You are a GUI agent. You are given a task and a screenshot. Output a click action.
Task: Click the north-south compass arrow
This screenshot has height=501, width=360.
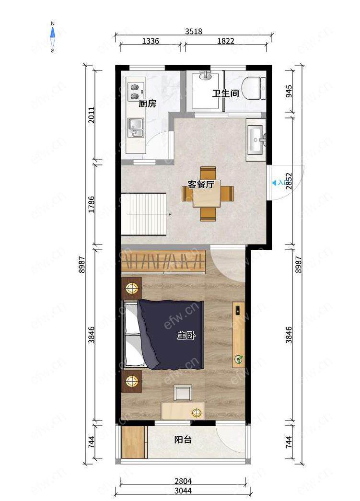tap(53, 37)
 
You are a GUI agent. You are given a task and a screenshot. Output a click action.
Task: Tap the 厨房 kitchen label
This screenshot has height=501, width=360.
tap(147, 104)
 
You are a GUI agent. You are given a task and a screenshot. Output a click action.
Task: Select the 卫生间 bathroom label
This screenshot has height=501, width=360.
tap(226, 93)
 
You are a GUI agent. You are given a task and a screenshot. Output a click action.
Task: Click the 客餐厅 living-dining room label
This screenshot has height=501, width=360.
tap(200, 185)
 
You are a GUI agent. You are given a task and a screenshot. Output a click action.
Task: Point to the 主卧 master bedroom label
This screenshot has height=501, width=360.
tap(186, 336)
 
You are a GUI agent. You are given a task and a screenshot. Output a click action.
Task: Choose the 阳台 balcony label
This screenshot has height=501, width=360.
tap(183, 440)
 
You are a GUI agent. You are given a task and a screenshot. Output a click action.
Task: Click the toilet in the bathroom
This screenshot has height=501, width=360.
tap(253, 89)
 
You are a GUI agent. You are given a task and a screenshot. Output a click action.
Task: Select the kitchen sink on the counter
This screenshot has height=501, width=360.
tap(136, 128)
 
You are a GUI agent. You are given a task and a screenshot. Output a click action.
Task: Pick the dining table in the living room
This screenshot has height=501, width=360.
tap(208, 194)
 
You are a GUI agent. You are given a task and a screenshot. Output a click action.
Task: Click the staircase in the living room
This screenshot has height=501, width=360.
tap(144, 214)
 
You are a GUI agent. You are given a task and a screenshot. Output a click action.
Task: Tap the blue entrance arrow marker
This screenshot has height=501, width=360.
tap(274, 183)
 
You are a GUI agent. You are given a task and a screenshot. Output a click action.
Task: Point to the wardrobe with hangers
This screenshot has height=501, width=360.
tap(163, 262)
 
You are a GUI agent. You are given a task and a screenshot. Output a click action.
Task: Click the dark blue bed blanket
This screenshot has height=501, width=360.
tap(171, 334)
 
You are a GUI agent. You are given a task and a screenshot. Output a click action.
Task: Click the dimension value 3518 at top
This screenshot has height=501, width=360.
tap(194, 31)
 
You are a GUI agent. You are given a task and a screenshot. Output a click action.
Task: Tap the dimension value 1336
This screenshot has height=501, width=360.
tap(150, 41)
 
